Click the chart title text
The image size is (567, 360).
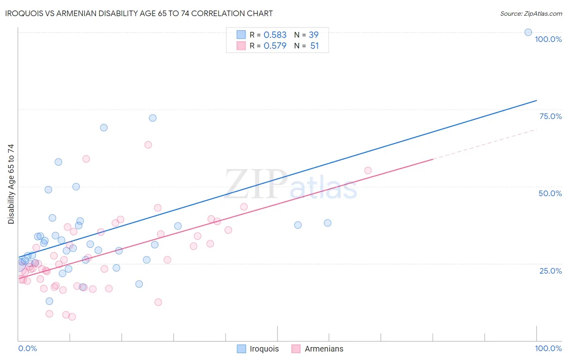click(139, 13)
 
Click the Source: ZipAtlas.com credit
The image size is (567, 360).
click(531, 13)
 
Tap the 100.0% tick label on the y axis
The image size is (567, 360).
click(548, 39)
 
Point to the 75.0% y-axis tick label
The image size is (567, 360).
click(550, 116)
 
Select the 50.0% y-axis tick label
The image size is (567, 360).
click(550, 193)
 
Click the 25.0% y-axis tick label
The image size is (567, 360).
click(550, 271)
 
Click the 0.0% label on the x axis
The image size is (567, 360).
click(27, 348)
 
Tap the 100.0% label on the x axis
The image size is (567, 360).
click(548, 348)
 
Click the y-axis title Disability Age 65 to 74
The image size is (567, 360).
click(11, 184)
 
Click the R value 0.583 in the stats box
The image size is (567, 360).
click(275, 35)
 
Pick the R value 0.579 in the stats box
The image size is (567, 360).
click(275, 46)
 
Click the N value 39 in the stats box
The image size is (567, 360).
click(314, 35)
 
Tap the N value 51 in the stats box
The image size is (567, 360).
click(315, 46)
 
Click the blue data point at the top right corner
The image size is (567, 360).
click(528, 32)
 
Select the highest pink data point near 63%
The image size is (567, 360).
click(148, 144)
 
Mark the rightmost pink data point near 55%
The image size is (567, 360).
click(368, 170)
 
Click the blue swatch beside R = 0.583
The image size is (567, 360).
click(241, 35)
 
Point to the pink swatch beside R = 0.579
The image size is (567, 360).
click(241, 46)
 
